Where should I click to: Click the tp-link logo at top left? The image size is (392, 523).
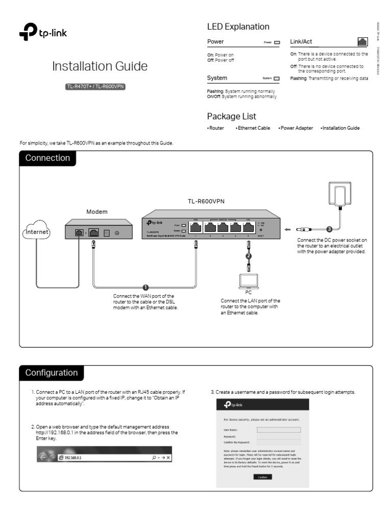pos(43,34)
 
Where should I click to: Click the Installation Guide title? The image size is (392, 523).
pos(100,66)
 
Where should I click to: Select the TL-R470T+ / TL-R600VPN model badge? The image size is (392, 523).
pos(95,86)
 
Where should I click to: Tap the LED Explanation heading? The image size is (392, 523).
pos(238,27)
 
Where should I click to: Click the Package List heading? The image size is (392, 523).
pos(231,116)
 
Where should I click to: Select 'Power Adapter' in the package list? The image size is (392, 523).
pos(296,128)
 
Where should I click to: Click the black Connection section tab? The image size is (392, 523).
pos(47,158)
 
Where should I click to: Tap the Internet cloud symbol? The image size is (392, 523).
pos(37,232)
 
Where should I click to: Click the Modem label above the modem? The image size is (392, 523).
pos(97,211)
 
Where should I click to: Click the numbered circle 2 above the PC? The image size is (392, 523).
pos(249,255)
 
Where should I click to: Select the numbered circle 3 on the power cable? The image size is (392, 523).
pos(329,229)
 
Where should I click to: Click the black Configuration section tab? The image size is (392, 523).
pos(51,373)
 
